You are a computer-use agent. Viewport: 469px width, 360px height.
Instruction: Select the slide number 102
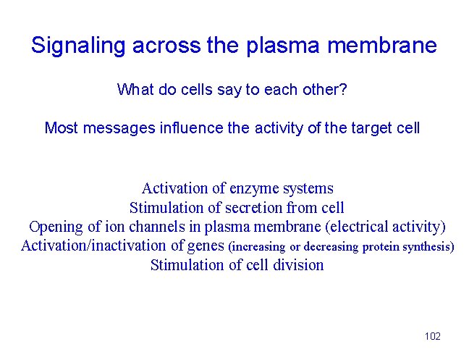point(433,336)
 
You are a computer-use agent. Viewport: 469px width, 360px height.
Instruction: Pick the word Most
point(62,128)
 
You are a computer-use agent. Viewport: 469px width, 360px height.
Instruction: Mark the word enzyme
point(251,189)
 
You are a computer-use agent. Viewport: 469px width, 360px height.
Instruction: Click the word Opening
point(55,227)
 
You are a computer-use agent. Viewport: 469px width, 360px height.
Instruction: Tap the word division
point(298,264)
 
